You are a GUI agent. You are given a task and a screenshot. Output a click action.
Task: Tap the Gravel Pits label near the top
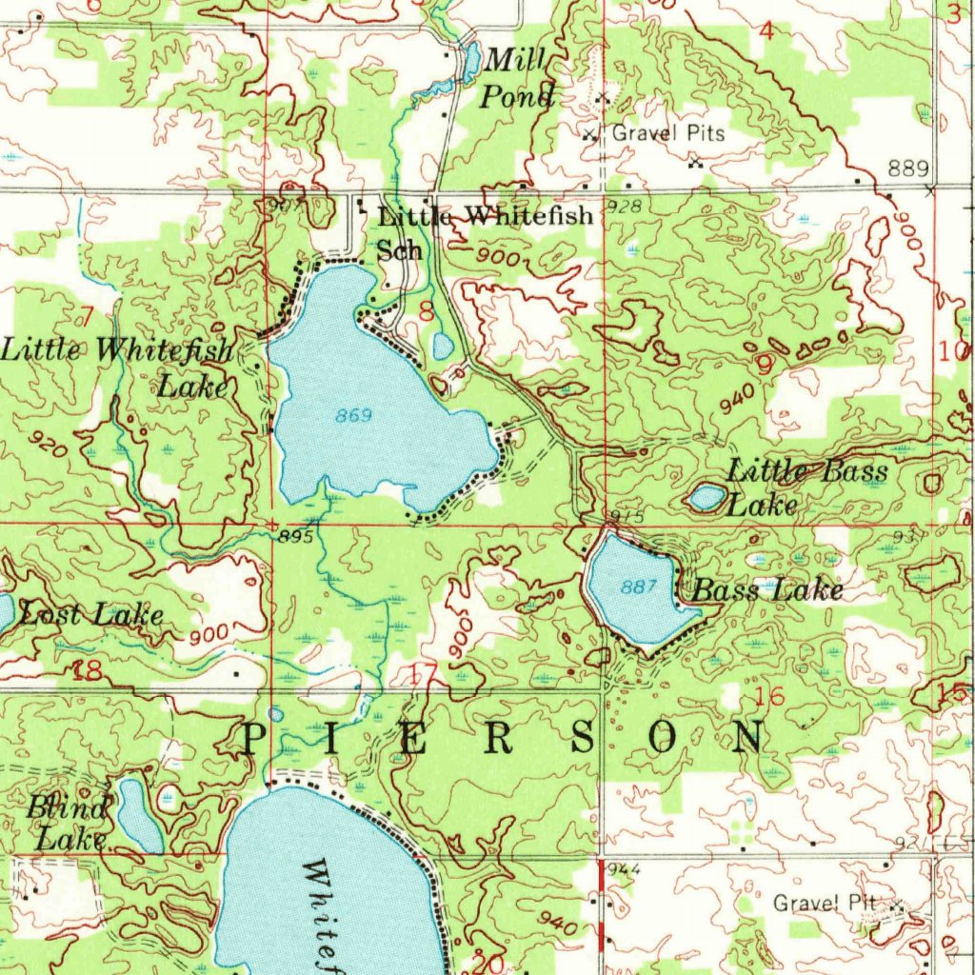(x=667, y=133)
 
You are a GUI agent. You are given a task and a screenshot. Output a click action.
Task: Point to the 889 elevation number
(x=908, y=169)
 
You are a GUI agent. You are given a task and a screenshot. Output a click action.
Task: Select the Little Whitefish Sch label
(x=484, y=231)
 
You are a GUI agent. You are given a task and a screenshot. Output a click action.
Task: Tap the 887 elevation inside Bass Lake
(x=635, y=587)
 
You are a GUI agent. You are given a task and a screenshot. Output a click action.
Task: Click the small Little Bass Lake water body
(x=706, y=497)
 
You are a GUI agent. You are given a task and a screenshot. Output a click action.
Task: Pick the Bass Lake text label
(x=766, y=591)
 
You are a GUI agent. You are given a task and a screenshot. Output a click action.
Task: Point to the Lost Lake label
(x=90, y=615)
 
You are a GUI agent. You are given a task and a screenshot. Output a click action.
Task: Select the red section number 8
(x=426, y=310)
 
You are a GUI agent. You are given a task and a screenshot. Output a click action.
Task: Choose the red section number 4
(x=766, y=31)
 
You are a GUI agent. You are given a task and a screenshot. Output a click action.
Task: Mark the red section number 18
(x=88, y=671)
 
